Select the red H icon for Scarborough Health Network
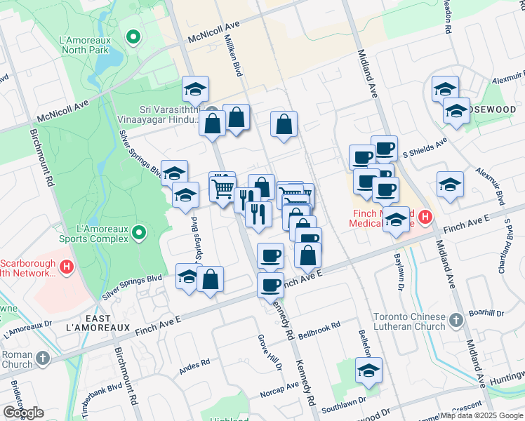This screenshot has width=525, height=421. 67,267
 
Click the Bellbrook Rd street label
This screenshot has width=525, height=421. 319,327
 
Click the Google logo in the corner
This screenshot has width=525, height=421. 23,413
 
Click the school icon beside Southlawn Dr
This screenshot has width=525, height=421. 368,370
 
